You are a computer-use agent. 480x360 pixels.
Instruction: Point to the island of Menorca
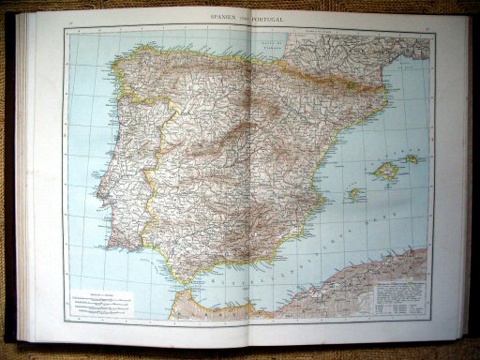coord(412,158)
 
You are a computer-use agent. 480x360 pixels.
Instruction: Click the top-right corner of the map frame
coord(433,26)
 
